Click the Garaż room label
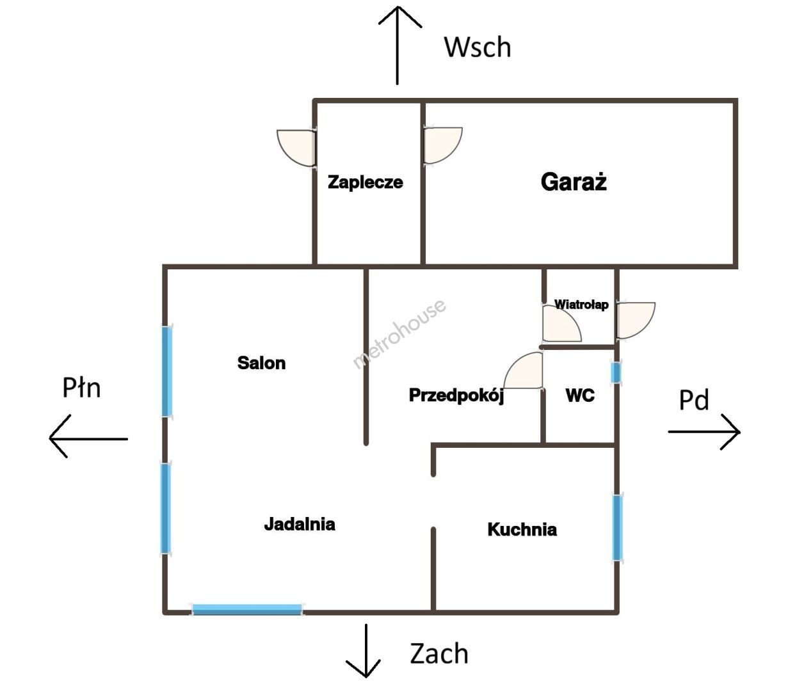(x=574, y=182)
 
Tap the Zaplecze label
(x=366, y=182)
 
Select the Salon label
(x=261, y=363)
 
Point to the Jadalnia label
(x=300, y=524)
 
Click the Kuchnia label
(x=522, y=529)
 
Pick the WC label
(x=580, y=395)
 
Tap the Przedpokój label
(x=456, y=396)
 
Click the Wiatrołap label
(x=581, y=305)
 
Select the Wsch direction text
(x=478, y=47)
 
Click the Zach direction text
(x=439, y=653)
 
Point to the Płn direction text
(x=82, y=388)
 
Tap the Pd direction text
(x=694, y=400)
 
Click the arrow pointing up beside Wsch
(x=398, y=45)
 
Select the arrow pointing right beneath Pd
(x=704, y=432)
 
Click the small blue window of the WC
(x=616, y=372)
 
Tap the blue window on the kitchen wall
(x=617, y=527)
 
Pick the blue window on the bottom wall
(x=247, y=609)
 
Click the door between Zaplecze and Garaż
(x=442, y=145)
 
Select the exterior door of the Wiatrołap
(x=636, y=321)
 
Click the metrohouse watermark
(x=399, y=333)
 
